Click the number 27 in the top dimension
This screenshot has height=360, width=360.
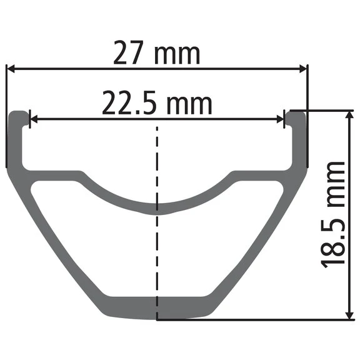[129, 52]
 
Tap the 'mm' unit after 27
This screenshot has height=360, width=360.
[177, 55]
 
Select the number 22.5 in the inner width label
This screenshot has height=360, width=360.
[130, 102]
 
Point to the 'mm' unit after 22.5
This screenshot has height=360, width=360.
[189, 105]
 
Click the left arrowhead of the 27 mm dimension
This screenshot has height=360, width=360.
[11, 69]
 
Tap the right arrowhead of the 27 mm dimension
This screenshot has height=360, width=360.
[303, 69]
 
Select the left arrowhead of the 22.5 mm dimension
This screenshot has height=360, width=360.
[34, 119]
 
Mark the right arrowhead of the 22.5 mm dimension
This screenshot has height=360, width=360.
[281, 119]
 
